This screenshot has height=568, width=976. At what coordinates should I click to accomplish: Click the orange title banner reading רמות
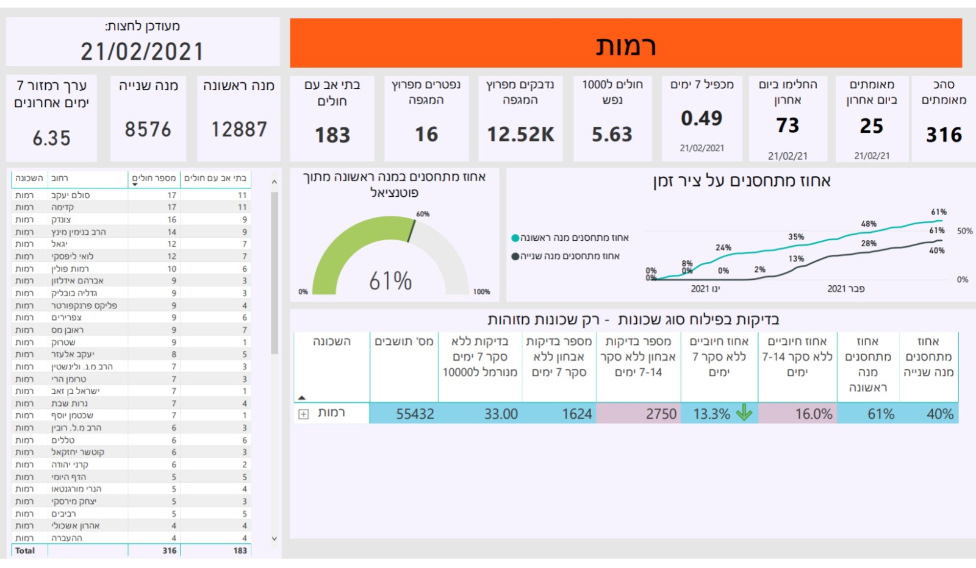click(625, 44)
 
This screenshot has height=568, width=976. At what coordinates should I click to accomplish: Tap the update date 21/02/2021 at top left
click(142, 52)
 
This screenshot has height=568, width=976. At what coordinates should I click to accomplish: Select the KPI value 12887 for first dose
click(239, 129)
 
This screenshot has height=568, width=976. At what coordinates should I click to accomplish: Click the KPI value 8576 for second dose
click(148, 129)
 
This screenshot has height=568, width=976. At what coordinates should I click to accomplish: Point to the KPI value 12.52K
click(520, 134)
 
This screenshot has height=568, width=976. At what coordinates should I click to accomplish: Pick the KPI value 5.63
click(612, 134)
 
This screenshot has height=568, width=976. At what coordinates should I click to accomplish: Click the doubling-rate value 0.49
click(701, 118)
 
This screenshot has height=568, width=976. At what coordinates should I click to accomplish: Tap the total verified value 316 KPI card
click(943, 134)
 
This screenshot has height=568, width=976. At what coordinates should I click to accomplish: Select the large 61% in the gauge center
click(390, 280)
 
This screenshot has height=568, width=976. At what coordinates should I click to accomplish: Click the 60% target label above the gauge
click(423, 214)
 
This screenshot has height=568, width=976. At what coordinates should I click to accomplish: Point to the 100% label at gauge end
click(481, 292)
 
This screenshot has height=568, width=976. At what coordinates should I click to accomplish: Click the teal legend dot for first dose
click(515, 238)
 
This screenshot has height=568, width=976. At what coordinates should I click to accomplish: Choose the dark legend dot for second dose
click(515, 257)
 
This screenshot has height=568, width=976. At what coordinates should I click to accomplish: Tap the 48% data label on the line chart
click(869, 224)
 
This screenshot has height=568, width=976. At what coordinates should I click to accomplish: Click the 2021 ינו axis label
click(705, 289)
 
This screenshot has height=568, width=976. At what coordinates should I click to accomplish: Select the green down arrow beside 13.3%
click(744, 413)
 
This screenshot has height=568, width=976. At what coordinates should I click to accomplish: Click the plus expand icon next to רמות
click(303, 414)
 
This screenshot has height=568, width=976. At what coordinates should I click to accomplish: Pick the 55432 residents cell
click(415, 414)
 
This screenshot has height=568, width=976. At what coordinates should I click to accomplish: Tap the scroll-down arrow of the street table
click(274, 539)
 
